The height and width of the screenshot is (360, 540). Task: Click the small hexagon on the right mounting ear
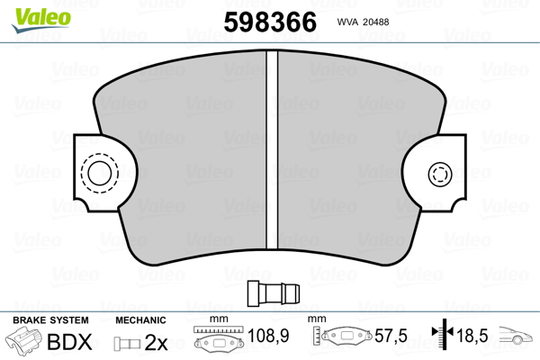440,174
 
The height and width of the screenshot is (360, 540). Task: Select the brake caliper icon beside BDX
24,343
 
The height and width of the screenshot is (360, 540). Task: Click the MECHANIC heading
141,320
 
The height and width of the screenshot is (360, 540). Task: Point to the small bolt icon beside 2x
126,343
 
